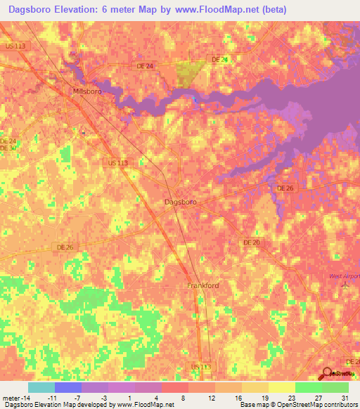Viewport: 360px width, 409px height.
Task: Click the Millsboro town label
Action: coord(88,91)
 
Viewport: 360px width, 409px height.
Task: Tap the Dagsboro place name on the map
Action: coord(180,202)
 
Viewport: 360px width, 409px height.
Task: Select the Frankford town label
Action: coord(203,285)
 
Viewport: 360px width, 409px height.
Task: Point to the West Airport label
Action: coord(345,275)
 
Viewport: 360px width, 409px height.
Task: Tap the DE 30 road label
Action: coord(8,148)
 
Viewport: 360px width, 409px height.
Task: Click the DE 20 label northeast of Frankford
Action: coord(252,242)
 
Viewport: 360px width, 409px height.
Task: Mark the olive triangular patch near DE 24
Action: coord(189,73)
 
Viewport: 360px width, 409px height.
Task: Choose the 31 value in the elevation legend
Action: coord(342,398)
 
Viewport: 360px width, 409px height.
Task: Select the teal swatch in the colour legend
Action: coord(41,387)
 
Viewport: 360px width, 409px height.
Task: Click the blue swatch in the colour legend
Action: coord(67,387)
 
